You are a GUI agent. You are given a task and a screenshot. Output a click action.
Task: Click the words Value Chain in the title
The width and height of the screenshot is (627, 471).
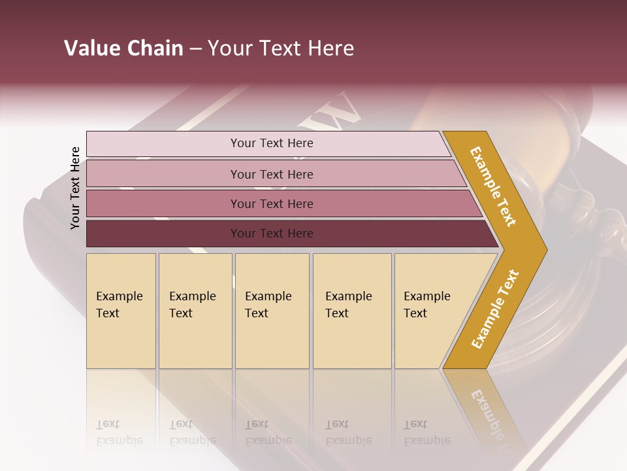pyautogui.click(x=123, y=48)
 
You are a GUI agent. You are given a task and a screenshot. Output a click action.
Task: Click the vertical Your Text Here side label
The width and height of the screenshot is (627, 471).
pyautogui.click(x=75, y=188)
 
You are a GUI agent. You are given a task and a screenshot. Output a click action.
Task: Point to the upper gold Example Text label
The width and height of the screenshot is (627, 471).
pyautogui.click(x=493, y=186)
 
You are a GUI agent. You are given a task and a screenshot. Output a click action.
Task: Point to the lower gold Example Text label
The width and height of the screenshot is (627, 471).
pyautogui.click(x=495, y=309)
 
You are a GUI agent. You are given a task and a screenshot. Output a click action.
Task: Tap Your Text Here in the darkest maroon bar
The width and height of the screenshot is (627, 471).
pyautogui.click(x=272, y=234)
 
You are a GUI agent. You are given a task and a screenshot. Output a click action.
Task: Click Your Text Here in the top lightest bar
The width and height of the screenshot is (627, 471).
pyautogui.click(x=272, y=143)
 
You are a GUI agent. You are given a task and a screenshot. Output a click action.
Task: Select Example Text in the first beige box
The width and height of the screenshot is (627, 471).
pyautogui.click(x=119, y=305)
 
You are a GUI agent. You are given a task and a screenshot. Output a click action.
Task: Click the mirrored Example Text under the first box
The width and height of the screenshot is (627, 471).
pyautogui.click(x=119, y=432)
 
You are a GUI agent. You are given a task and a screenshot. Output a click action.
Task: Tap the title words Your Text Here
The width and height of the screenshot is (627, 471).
pyautogui.click(x=281, y=48)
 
